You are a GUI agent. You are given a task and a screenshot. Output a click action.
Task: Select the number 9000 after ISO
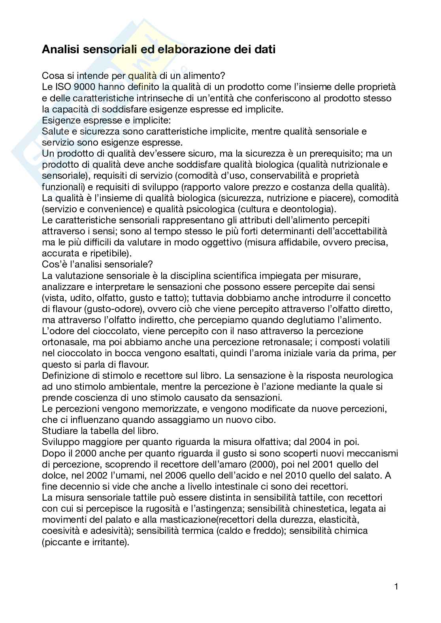(x=82, y=87)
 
